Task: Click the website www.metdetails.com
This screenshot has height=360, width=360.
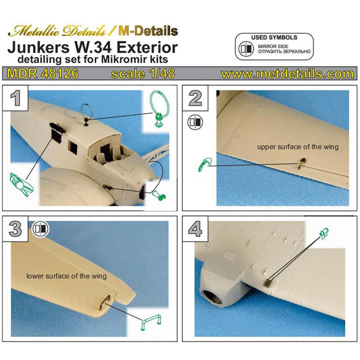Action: (287, 74)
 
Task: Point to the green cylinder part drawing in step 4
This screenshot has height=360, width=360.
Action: (324, 233)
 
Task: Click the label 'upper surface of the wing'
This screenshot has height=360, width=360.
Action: (297, 147)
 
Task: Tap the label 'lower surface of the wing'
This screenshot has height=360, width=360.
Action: (67, 276)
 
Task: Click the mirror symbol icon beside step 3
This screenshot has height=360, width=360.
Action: (40, 228)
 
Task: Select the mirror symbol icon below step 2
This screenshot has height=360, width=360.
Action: (195, 122)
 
